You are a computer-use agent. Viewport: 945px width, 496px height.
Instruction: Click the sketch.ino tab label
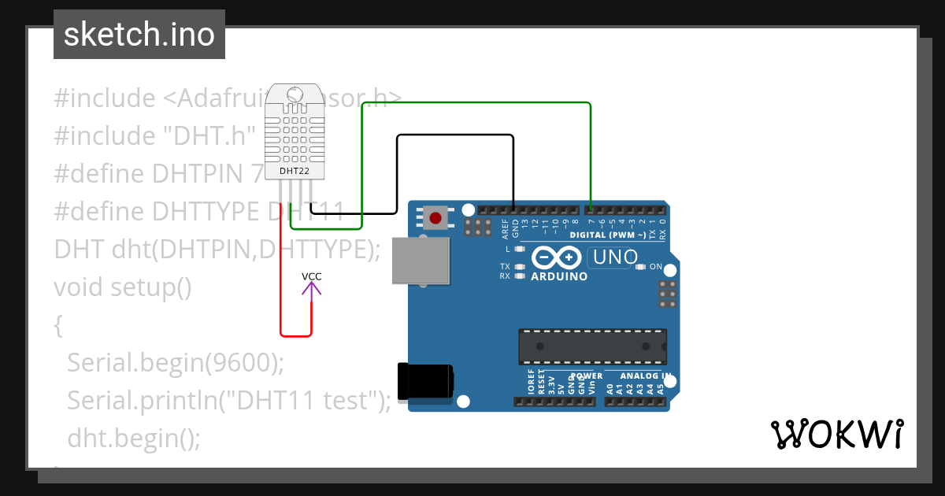139,35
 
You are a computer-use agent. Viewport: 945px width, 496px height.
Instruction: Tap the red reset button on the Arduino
435,217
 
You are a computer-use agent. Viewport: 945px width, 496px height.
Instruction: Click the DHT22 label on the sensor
295,171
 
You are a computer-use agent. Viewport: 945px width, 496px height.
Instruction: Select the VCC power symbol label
312,276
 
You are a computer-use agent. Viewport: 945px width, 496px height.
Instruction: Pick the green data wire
472,103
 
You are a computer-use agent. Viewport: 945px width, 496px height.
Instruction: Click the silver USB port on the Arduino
421,261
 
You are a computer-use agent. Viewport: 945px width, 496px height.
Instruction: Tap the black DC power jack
425,380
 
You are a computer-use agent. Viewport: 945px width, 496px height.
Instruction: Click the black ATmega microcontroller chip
592,346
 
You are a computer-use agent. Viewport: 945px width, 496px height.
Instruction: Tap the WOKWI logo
836,434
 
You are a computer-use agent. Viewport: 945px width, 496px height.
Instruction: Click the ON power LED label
655,267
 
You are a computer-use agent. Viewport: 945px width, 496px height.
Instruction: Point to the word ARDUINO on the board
559,277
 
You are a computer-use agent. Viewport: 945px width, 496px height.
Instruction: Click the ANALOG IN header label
644,376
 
